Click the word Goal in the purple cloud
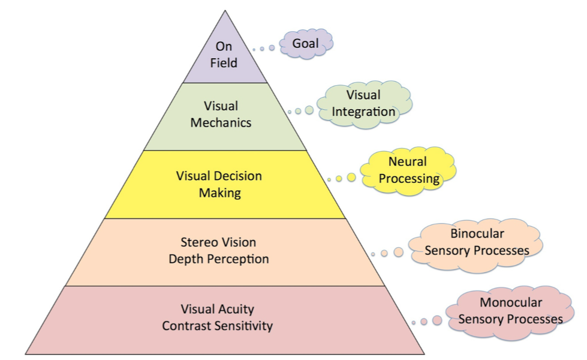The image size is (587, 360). coord(305,44)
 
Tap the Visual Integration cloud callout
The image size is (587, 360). coord(364,103)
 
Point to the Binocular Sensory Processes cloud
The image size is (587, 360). coord(477,242)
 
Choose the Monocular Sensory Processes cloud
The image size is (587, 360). coord(510,311)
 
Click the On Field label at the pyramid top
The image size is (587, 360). coord(224,54)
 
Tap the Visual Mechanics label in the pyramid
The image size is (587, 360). coord(221,114)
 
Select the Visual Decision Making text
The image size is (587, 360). coord(219,184)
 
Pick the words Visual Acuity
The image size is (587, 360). coord(217,309)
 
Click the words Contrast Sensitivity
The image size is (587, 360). coord(217,326)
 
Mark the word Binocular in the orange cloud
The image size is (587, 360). coord(477,233)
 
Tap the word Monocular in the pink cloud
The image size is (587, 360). coord(511,302)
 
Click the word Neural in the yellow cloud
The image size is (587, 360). coord(408,161)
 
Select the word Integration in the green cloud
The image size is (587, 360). coord(364,112)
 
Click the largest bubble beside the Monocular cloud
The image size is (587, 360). coord(437,321)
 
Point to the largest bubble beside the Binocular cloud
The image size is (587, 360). coord(398,253)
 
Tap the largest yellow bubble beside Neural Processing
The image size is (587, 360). coord(351,178)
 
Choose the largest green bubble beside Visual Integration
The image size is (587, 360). coord(309,110)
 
